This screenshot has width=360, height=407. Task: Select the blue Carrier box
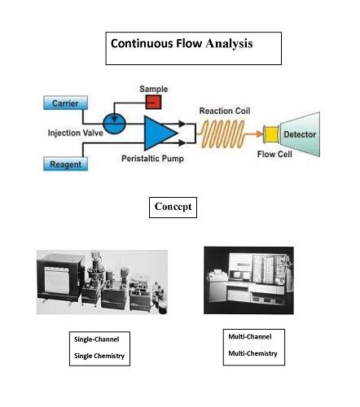coord(65,103)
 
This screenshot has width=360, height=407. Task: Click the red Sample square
coord(151,101)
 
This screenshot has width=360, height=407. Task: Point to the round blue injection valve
coord(116,124)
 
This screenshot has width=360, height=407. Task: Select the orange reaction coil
coord(230,131)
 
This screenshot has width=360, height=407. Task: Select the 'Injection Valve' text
coord(71,132)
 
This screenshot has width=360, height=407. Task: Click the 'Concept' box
coord(173,207)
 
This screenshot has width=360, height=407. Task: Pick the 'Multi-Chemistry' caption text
coord(252,353)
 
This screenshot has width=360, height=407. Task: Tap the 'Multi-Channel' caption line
coord(249,335)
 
